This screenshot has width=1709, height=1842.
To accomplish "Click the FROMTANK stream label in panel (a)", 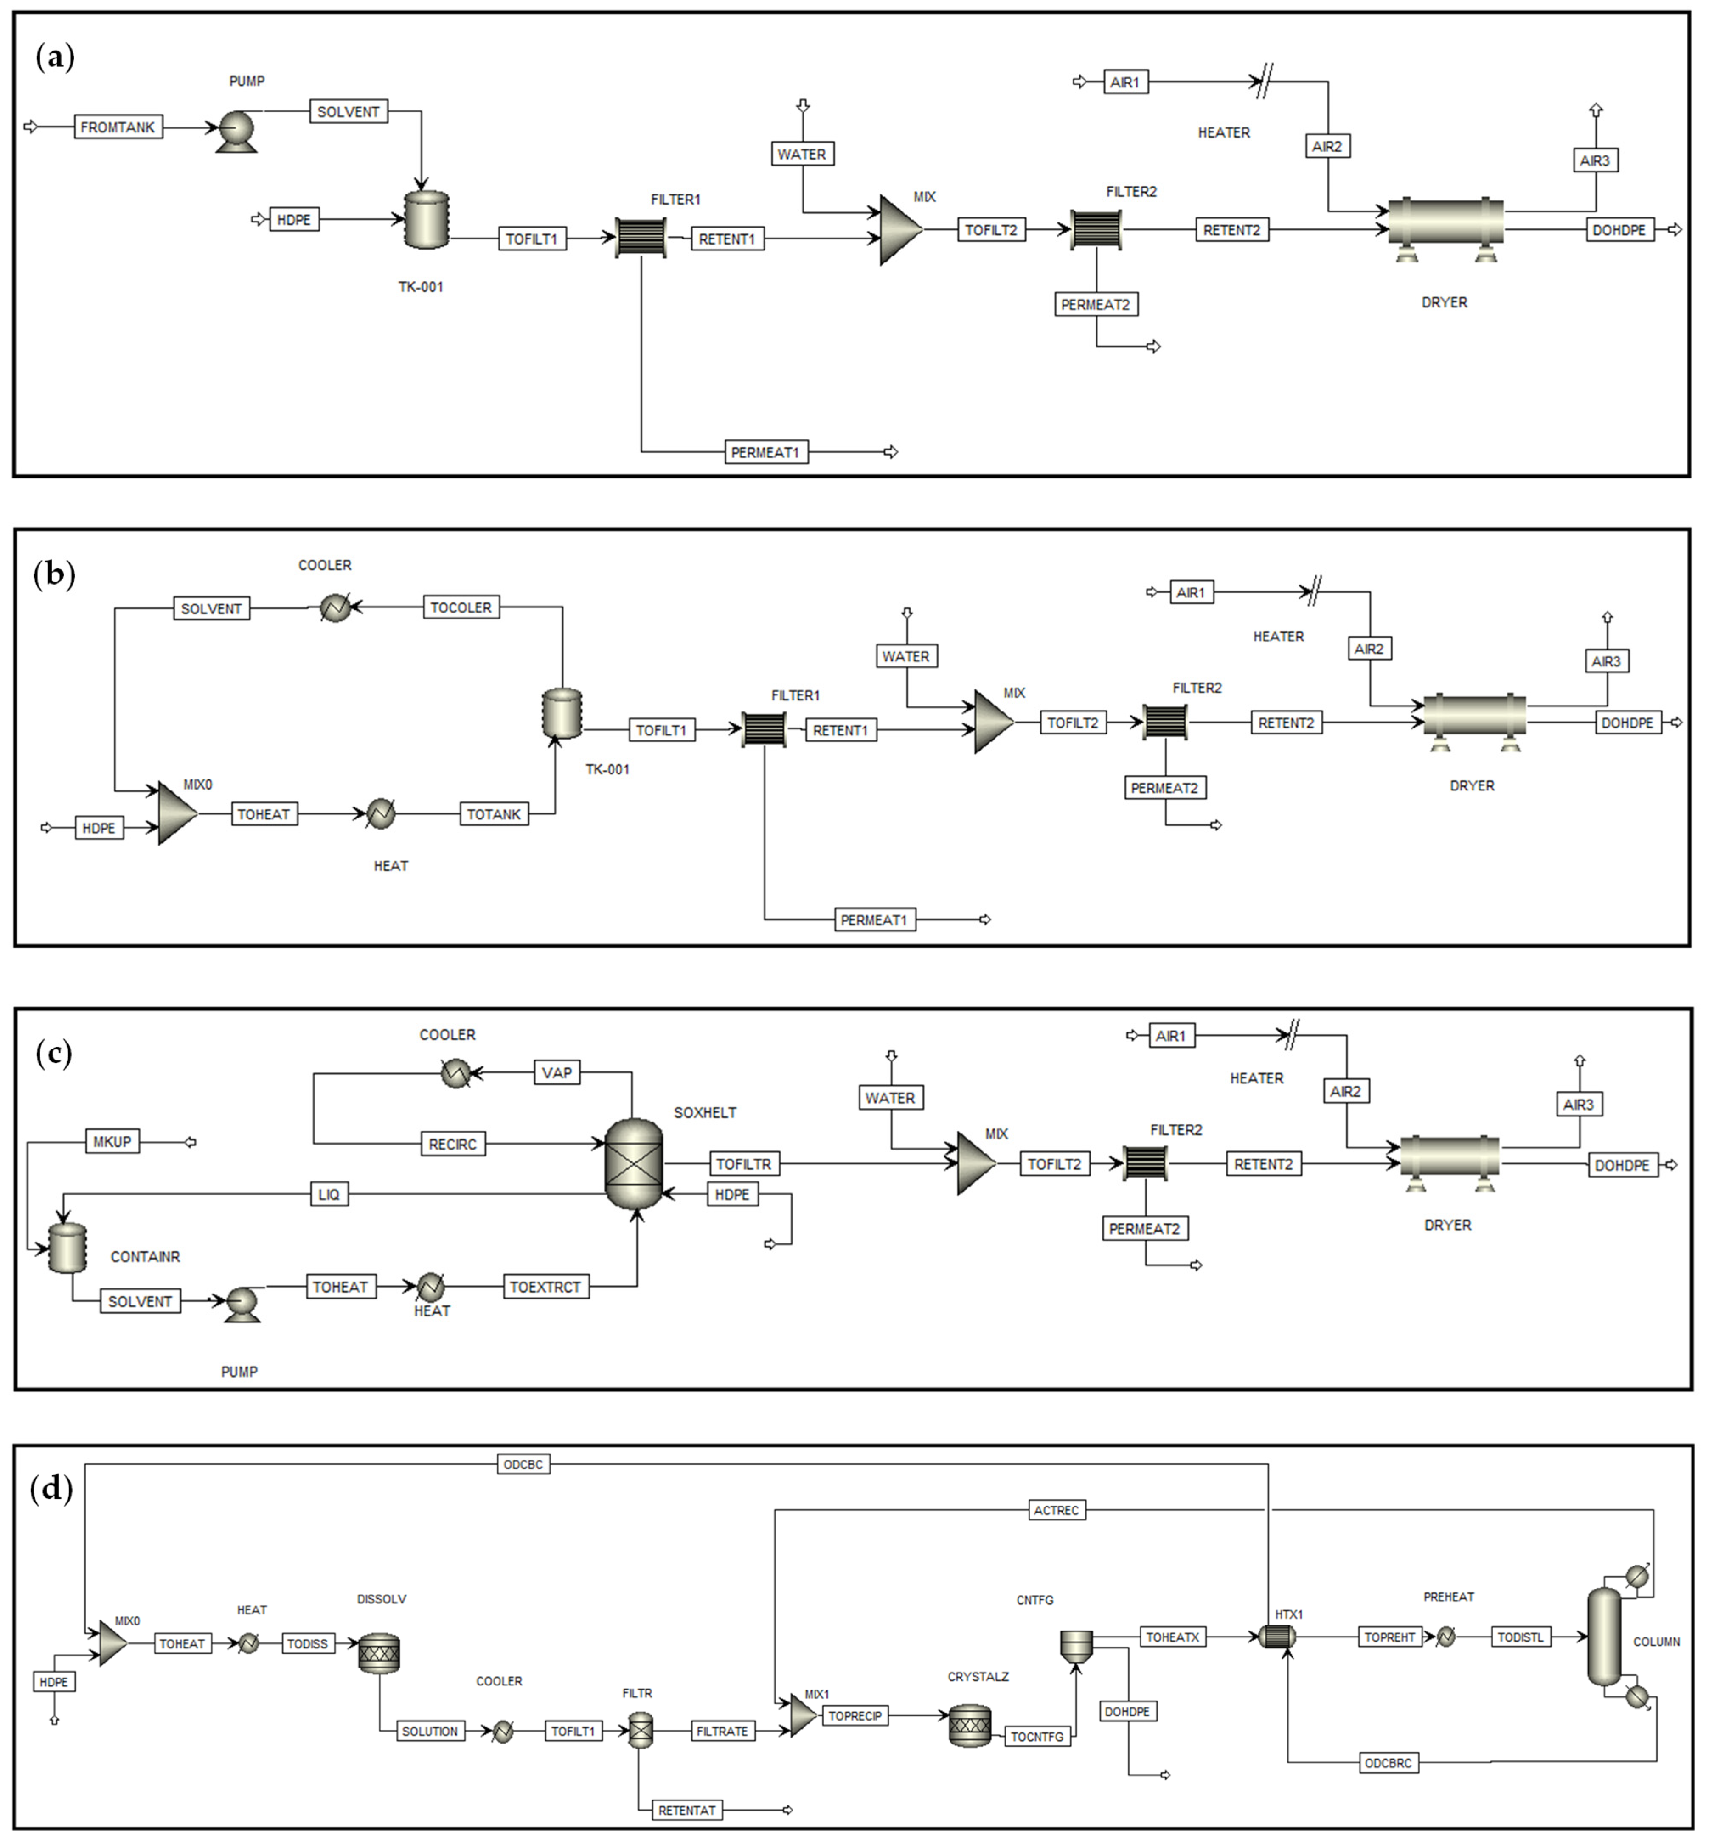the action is click(x=118, y=127).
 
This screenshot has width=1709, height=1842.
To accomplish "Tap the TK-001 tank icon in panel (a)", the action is click(x=426, y=219).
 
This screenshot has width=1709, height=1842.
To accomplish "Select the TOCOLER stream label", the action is click(x=461, y=607).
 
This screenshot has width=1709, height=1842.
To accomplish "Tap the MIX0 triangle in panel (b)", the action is click(x=177, y=814).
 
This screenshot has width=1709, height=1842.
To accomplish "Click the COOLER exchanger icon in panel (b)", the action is click(x=335, y=607).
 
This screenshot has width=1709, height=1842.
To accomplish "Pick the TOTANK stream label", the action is click(x=494, y=814).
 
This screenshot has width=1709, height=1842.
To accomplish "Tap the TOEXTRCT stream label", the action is click(x=545, y=1286).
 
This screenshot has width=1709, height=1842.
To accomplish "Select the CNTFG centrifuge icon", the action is click(x=1076, y=1643).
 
